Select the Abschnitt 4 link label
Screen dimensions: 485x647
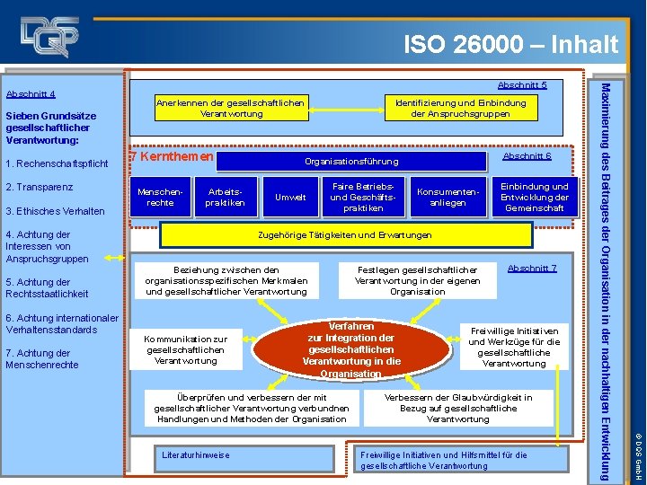click(x=31, y=93)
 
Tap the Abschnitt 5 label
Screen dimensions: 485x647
click(x=522, y=85)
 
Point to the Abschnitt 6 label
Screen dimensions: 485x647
click(x=527, y=156)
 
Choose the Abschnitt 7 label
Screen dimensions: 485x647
click(x=532, y=269)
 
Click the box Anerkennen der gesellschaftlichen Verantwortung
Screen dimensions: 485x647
click(x=231, y=108)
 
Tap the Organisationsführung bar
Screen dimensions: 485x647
click(x=351, y=162)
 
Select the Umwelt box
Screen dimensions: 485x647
click(x=290, y=197)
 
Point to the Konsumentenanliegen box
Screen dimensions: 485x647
click(x=448, y=197)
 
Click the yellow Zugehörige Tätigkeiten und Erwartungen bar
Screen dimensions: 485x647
click(x=343, y=235)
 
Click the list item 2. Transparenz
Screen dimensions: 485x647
click(x=40, y=187)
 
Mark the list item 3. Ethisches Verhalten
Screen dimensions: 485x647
click(x=55, y=211)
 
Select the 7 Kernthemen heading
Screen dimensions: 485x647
click(x=172, y=157)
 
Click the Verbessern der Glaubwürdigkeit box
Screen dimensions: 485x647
click(x=458, y=409)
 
